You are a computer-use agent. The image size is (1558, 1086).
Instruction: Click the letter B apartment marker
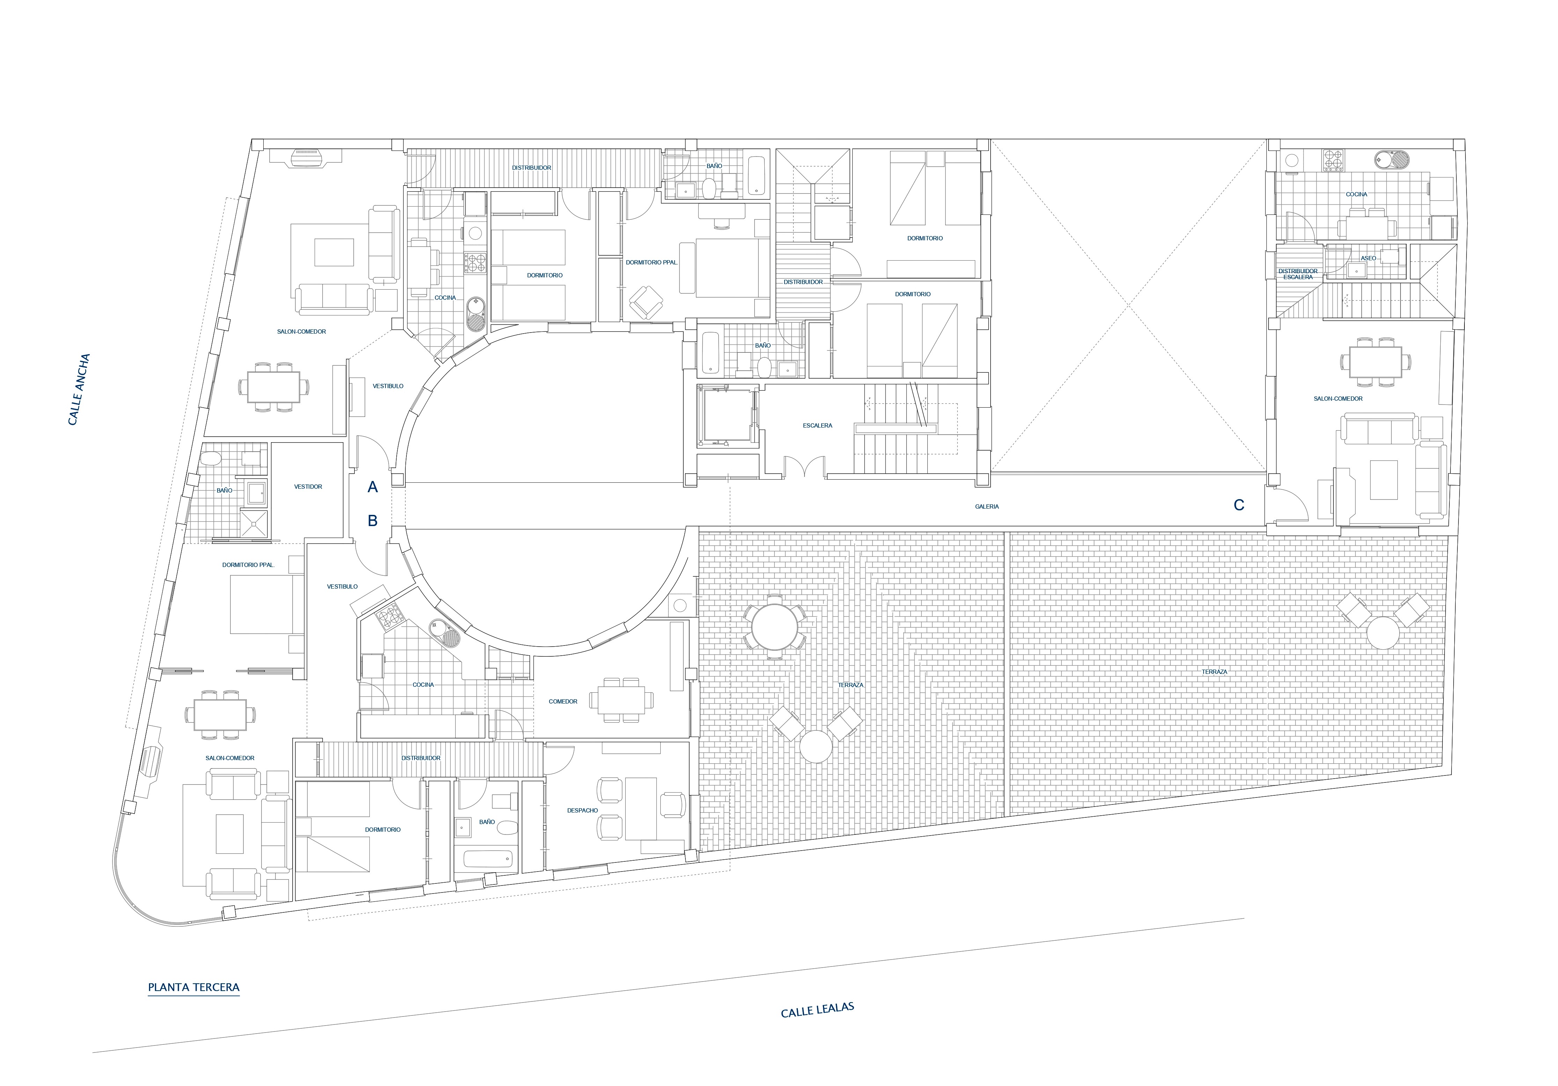373,520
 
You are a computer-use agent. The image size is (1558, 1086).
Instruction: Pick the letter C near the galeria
1239,505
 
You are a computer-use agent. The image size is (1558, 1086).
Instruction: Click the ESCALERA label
818,425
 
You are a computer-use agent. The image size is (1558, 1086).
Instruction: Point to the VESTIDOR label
308,487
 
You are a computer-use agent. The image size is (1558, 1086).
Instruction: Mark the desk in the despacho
641,809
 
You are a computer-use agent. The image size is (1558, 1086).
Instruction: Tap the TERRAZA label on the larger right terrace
1215,672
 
